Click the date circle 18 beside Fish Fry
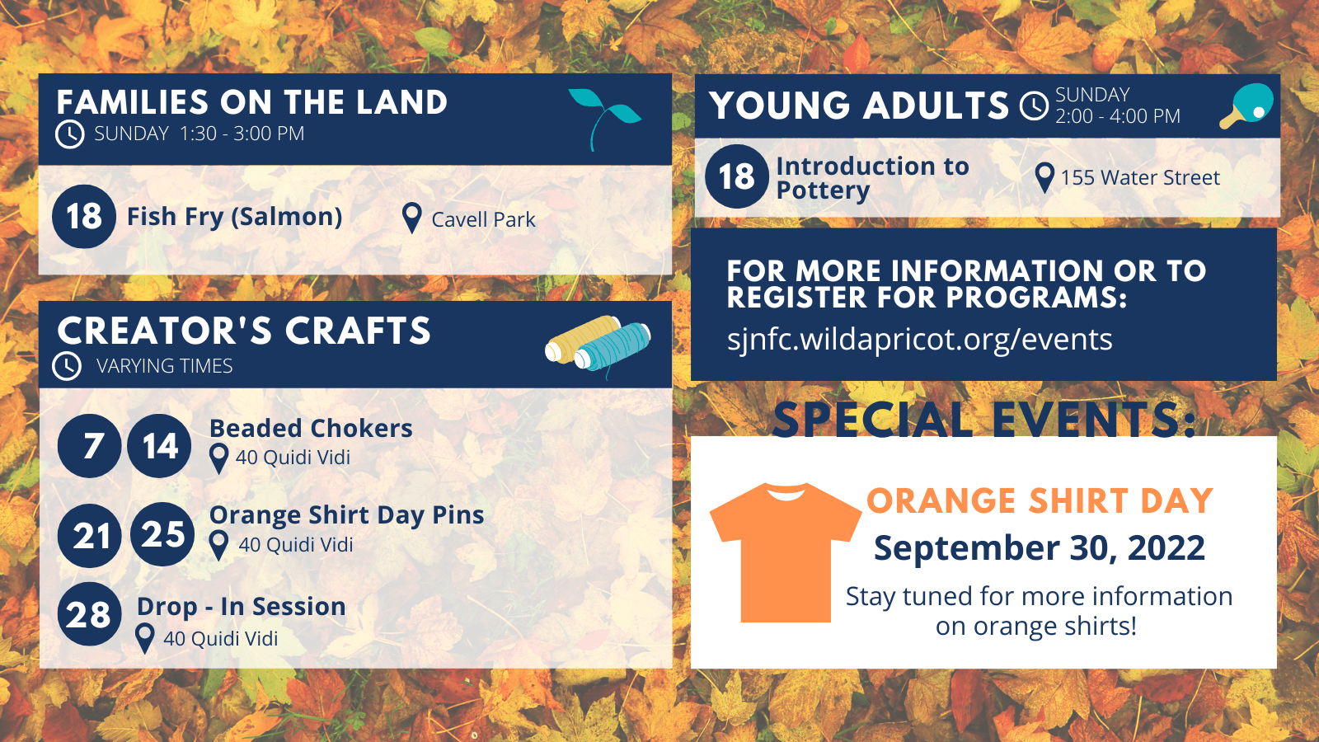pyautogui.click(x=83, y=216)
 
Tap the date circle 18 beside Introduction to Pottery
pyautogui.click(x=737, y=176)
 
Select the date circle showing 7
pyautogui.click(x=90, y=445)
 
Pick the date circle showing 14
pyautogui.click(x=159, y=445)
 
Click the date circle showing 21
pyautogui.click(x=90, y=535)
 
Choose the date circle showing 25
pyautogui.click(x=162, y=534)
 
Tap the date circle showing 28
pyautogui.click(x=90, y=613)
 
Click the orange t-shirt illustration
pyautogui.click(x=786, y=552)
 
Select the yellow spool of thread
pyautogui.click(x=583, y=340)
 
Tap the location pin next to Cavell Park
pyautogui.click(x=411, y=218)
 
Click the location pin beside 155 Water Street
pyautogui.click(x=1044, y=177)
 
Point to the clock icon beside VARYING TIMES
pyautogui.click(x=67, y=366)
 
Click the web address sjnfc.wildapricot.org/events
pyautogui.click(x=920, y=340)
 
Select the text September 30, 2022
pyautogui.click(x=1040, y=547)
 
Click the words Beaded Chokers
pyautogui.click(x=311, y=428)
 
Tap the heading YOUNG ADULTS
pyautogui.click(x=858, y=106)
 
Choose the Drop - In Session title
pyautogui.click(x=242, y=607)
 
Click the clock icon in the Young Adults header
pyautogui.click(x=1034, y=106)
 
